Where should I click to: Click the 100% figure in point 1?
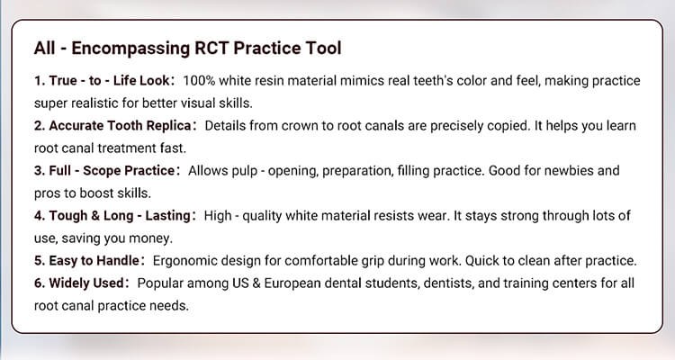213,81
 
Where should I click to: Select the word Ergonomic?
186,260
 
